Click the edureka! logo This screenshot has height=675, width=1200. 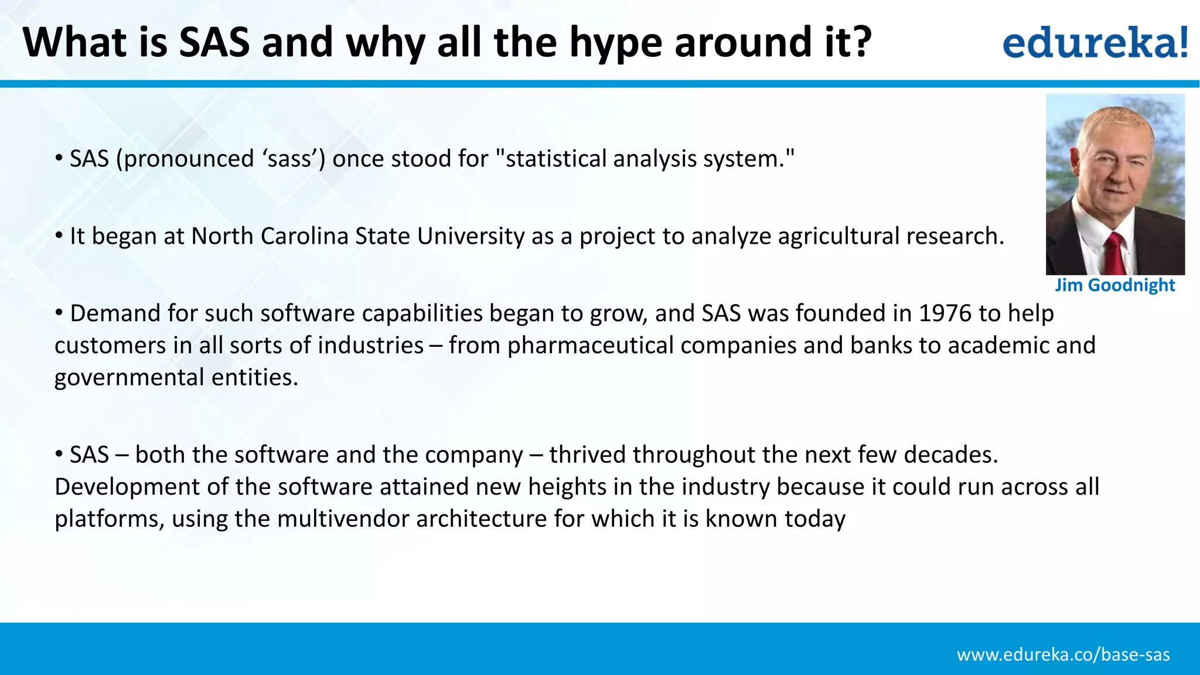click(x=1095, y=42)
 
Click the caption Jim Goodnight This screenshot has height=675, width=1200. click(x=1114, y=285)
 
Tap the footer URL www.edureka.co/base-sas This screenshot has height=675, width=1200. click(x=1063, y=654)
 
